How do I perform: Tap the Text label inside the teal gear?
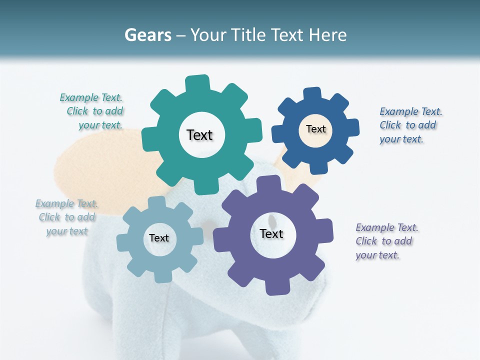pos(199,135)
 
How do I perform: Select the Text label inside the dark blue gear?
pos(315,129)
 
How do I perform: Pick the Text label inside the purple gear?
pos(271,233)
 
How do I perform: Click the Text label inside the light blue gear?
pos(159,238)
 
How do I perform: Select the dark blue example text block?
pos(410,125)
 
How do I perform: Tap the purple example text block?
pos(386,241)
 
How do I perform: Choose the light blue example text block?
pos(66,217)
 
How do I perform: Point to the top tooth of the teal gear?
pos(197,83)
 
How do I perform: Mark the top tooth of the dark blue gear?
pos(312,94)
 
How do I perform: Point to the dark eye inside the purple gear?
pos(271,220)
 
